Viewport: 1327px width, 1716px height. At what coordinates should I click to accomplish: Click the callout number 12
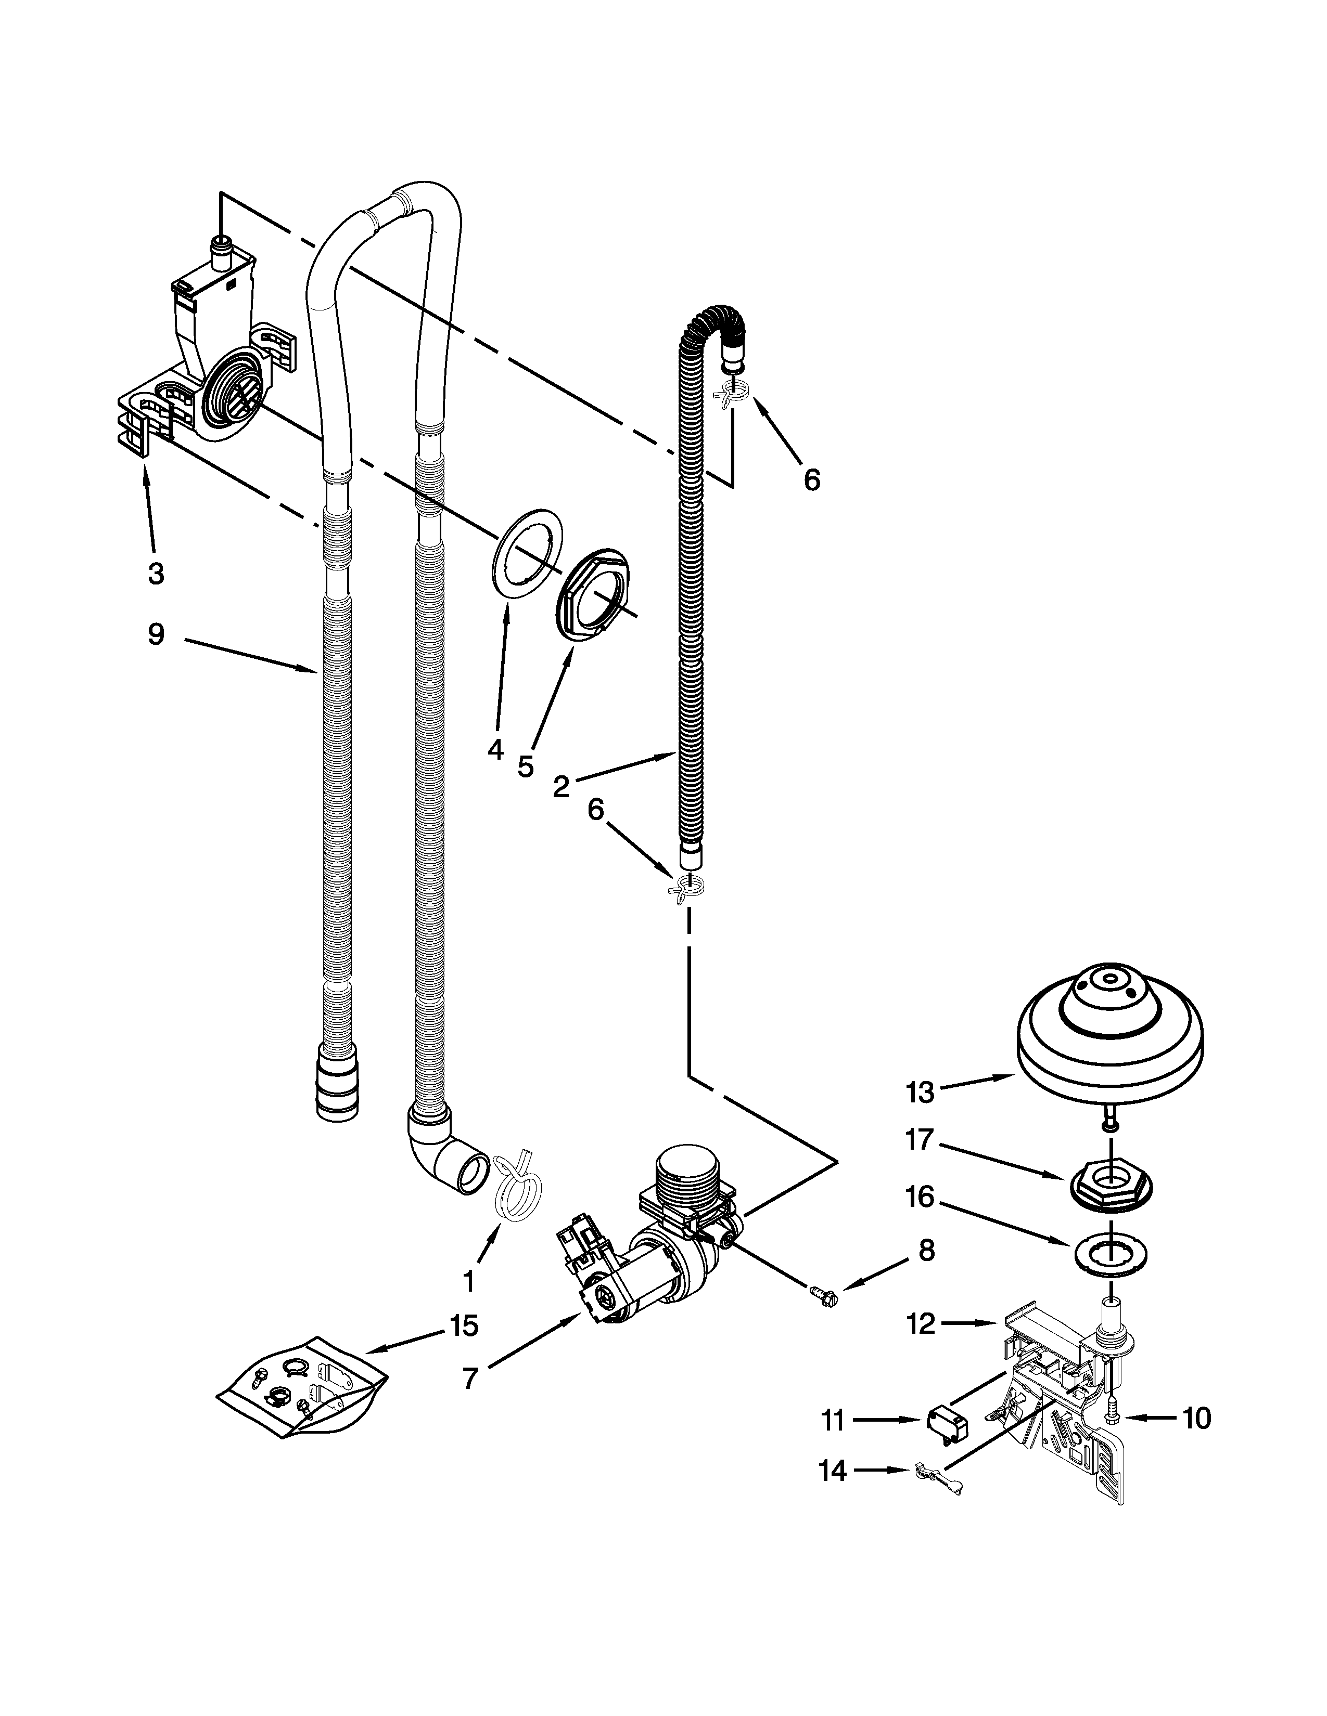click(921, 1324)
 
